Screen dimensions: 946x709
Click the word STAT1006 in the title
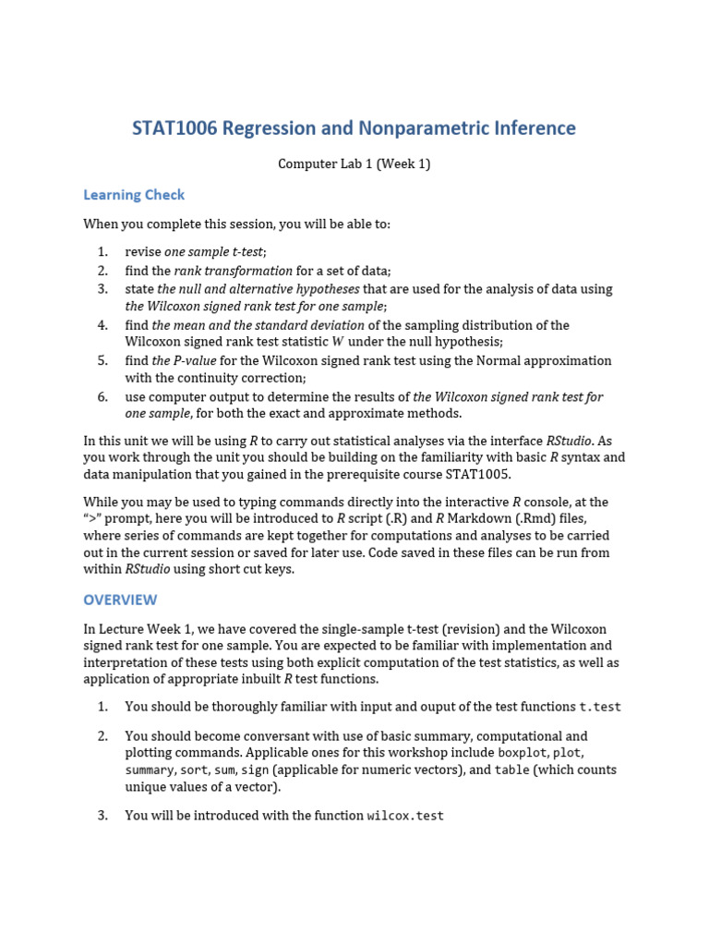tap(174, 128)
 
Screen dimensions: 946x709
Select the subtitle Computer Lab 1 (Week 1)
tap(354, 164)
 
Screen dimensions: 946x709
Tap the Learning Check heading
tap(134, 195)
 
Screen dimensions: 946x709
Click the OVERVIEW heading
tap(120, 600)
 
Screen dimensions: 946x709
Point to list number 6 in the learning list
tap(102, 396)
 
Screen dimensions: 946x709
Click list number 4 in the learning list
tap(102, 325)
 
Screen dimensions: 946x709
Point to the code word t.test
tap(600, 708)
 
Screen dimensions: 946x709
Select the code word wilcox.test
tap(405, 816)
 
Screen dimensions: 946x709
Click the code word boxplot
tap(523, 753)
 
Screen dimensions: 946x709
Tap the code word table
tap(511, 770)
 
